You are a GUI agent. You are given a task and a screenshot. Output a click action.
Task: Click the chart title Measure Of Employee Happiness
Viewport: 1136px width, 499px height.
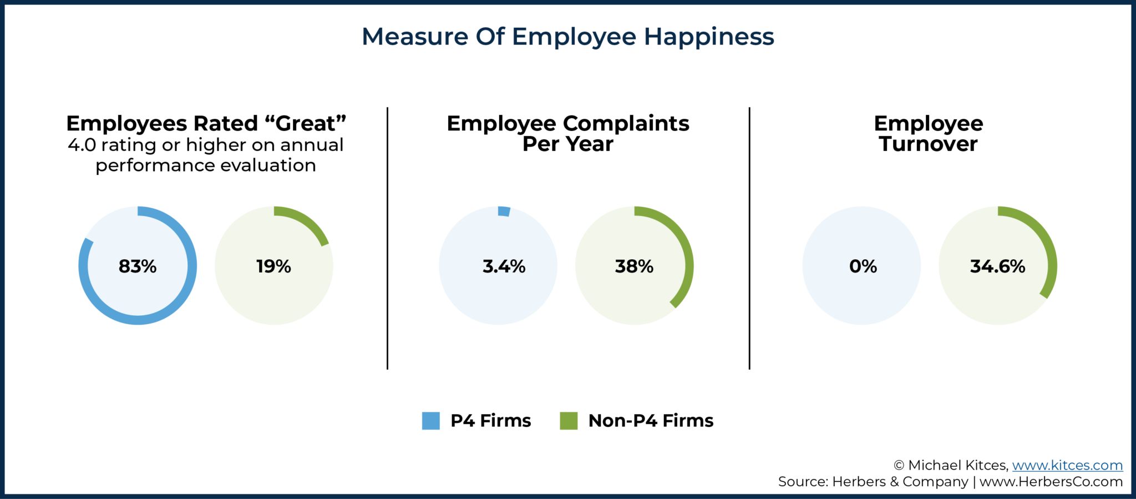point(567,37)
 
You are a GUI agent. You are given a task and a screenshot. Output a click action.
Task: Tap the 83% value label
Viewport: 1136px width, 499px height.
point(138,266)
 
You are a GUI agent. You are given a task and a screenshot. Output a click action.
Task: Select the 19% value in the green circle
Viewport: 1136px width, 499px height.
point(273,266)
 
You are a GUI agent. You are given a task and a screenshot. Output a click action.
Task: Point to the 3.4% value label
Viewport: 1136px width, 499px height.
point(504,266)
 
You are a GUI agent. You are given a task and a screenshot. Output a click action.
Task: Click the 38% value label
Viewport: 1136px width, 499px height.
point(634,266)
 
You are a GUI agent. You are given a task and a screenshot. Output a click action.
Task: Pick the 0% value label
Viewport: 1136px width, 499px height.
point(863,266)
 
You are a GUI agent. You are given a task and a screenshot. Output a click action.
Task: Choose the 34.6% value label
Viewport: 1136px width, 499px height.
point(997,266)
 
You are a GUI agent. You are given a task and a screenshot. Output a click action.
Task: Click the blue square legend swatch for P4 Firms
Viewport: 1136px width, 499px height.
point(430,421)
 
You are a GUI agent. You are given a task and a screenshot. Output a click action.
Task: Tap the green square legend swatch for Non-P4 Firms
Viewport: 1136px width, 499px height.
point(569,421)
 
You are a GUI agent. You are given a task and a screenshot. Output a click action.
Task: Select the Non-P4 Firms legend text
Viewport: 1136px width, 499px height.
point(651,421)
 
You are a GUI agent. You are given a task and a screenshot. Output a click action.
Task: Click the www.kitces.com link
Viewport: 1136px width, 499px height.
point(1067,465)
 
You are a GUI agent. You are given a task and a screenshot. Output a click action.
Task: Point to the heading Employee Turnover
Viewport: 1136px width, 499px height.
point(928,133)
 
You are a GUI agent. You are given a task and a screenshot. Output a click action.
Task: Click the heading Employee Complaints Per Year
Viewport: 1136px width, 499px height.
point(567,133)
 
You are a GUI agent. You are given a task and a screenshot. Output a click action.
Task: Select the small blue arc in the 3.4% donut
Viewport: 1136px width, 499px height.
point(504,211)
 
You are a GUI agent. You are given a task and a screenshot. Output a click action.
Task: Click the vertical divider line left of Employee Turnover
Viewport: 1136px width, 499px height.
point(749,239)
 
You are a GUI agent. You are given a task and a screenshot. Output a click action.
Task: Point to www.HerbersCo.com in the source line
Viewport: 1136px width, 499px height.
point(1051,482)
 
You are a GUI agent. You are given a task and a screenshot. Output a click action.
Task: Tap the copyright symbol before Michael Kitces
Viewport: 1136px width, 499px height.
point(899,466)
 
